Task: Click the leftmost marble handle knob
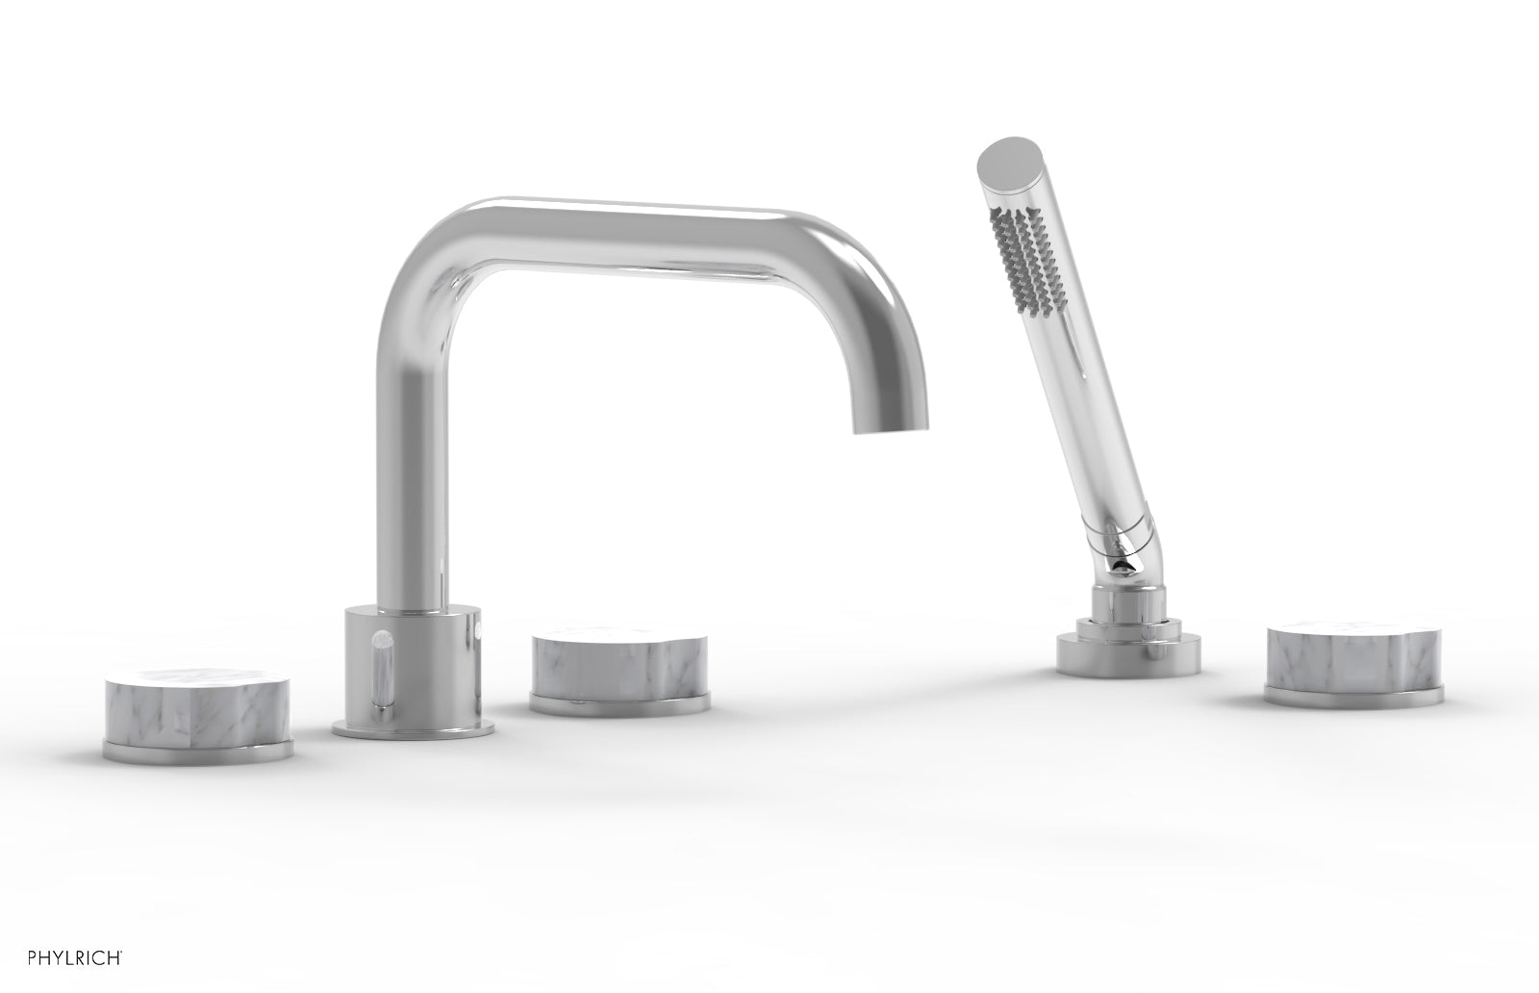click(x=196, y=707)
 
